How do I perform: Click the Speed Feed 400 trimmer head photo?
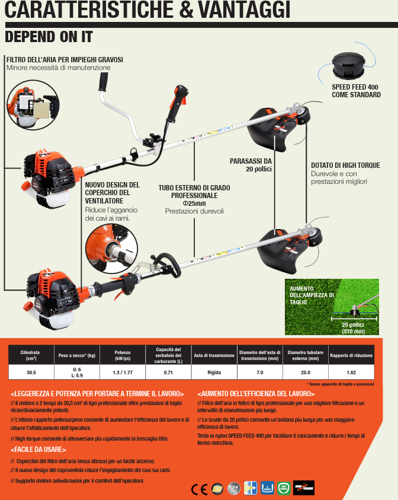[x=350, y=63]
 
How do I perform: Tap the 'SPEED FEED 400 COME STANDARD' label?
[x=356, y=91]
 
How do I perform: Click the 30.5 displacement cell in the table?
[x=31, y=372]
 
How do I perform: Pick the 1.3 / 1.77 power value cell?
[x=123, y=372]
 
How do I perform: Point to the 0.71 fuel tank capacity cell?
[x=168, y=372]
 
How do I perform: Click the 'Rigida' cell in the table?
[x=214, y=372]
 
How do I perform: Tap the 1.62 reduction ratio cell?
[x=351, y=372]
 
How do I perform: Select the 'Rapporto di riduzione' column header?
[x=351, y=355]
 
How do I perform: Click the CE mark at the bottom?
[x=199, y=489]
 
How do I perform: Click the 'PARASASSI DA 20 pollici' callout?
[x=251, y=165]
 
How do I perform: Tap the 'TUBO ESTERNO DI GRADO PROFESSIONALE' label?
[x=194, y=192]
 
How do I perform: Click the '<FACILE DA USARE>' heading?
[x=38, y=449]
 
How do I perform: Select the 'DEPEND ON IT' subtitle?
[x=49, y=36]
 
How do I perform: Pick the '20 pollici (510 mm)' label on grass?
[x=354, y=328]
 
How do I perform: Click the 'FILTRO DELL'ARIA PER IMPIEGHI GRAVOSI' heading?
[x=65, y=60]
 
